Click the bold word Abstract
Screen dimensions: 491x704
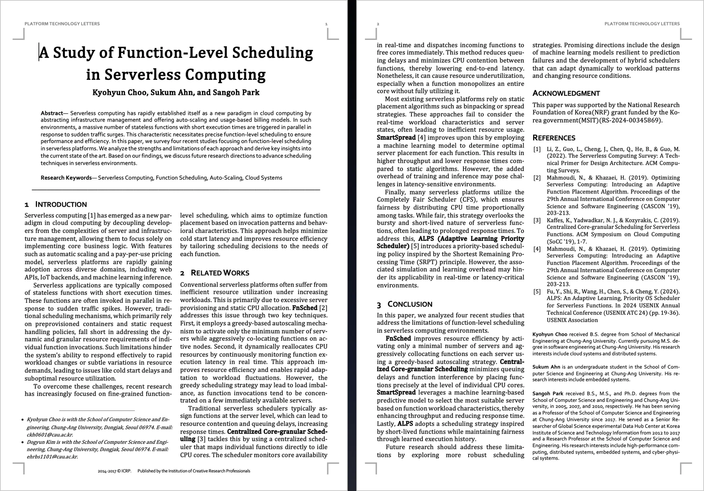point(52,113)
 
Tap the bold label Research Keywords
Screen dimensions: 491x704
point(66,178)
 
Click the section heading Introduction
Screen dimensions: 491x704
point(61,205)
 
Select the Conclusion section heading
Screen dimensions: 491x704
point(410,305)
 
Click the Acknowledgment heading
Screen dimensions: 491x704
point(566,94)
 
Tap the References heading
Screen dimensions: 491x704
point(554,138)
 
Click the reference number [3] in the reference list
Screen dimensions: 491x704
point(537,220)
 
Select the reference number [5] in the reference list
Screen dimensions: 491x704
point(537,291)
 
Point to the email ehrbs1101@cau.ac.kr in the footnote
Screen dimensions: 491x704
point(52,457)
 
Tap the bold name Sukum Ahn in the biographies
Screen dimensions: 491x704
point(546,367)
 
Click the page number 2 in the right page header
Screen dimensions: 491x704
point(378,24)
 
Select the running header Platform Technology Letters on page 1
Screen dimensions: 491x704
point(62,24)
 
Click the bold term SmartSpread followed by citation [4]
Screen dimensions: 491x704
point(396,138)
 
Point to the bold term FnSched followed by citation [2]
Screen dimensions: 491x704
point(305,308)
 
